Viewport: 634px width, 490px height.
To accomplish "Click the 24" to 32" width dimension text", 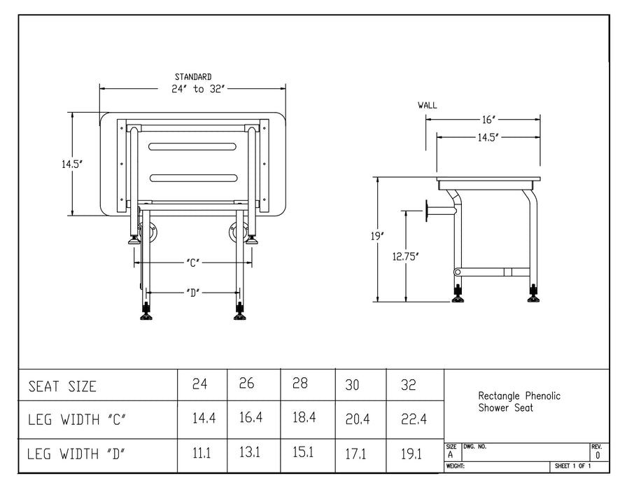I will (193, 89).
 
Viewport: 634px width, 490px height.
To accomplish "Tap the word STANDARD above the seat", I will (193, 77).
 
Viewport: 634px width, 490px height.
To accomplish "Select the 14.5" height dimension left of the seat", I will (71, 164).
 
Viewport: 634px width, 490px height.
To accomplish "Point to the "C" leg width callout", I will (194, 263).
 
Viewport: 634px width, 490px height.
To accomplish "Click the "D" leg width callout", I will (194, 292).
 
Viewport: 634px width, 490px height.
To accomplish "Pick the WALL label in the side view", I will (427, 106).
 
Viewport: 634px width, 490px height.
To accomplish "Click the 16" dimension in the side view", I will (488, 120).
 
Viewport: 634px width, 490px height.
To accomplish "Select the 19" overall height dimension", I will (378, 237).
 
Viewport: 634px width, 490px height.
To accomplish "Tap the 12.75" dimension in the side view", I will (406, 256).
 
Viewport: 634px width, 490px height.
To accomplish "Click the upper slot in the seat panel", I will (192, 146).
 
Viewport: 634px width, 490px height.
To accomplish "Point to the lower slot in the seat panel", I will (192, 178).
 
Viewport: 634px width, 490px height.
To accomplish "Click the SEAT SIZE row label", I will (62, 386).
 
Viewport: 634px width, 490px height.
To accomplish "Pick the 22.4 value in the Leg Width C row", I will (413, 419).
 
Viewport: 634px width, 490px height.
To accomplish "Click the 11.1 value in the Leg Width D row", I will (202, 454).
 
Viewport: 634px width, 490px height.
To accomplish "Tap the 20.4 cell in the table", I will (356, 419).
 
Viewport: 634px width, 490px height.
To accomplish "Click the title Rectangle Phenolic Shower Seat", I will (519, 402).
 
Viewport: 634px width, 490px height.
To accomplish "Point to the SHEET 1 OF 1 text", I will (572, 466).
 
